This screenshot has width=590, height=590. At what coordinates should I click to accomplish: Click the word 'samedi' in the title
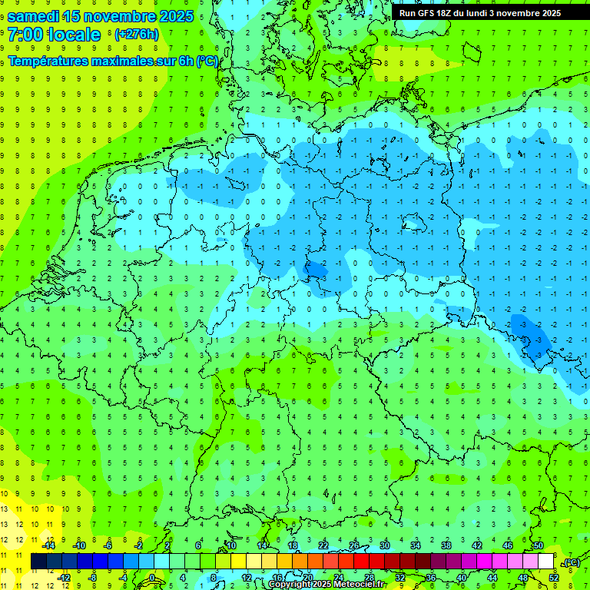[34, 16]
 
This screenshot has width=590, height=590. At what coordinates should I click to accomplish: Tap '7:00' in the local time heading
[26, 35]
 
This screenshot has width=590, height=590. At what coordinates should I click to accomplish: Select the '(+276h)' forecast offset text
[137, 35]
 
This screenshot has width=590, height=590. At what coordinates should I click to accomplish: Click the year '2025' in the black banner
[547, 13]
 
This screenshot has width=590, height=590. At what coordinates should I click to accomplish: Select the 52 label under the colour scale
[554, 578]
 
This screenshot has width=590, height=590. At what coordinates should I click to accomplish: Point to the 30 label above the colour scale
[384, 545]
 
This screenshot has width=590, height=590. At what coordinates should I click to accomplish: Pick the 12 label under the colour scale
[247, 578]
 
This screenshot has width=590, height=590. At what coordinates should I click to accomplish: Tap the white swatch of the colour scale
[546, 562]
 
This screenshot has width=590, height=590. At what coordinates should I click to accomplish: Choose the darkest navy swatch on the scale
[38, 562]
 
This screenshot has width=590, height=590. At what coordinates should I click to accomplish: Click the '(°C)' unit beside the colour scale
[571, 563]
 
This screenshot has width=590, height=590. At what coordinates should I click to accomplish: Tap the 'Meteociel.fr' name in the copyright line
[360, 585]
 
